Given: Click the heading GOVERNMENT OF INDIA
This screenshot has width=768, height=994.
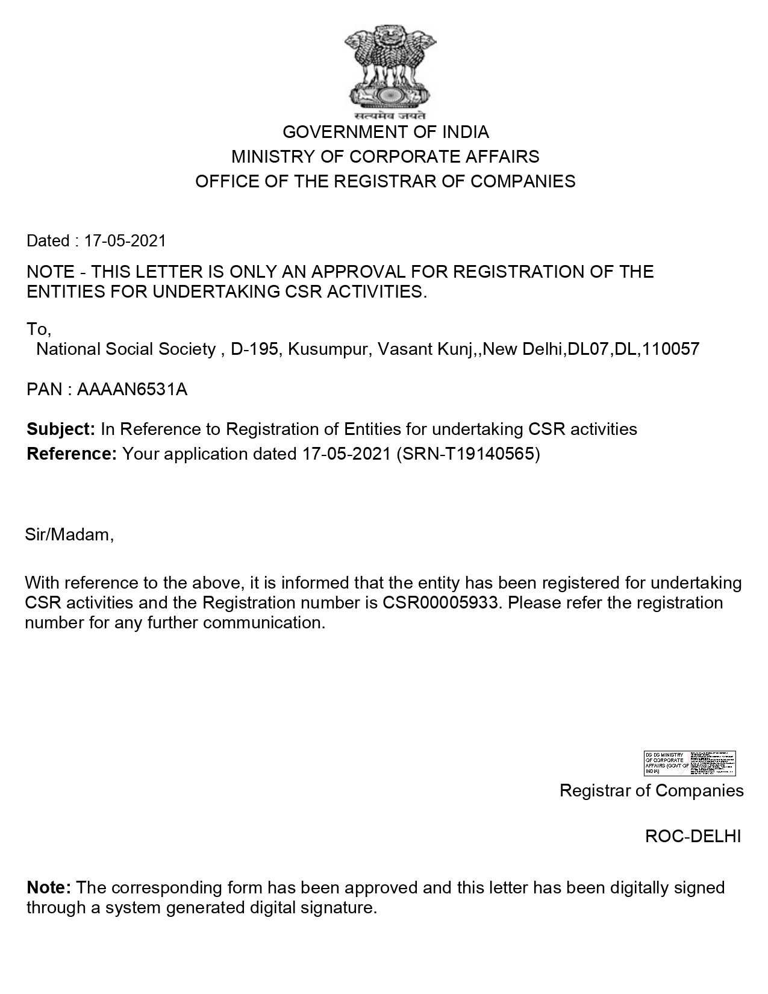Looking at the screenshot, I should click(x=386, y=132).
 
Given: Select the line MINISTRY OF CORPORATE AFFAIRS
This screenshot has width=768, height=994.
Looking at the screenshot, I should click(x=386, y=157).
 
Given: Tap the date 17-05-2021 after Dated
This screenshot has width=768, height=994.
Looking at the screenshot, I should click(x=125, y=241).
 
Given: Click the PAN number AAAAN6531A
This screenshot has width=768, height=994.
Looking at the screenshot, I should click(x=133, y=390).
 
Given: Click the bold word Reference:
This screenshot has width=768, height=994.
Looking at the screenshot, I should click(x=72, y=454).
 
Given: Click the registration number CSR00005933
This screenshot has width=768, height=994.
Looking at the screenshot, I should click(x=441, y=602).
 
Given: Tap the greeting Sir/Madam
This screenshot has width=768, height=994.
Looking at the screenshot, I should click(x=69, y=534).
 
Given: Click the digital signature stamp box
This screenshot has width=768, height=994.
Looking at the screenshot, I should click(x=690, y=763).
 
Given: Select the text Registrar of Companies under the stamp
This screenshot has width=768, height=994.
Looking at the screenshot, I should click(x=651, y=790).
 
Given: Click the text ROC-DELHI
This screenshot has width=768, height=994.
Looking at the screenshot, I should click(x=693, y=836).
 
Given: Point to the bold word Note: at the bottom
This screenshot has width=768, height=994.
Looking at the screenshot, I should click(x=49, y=887).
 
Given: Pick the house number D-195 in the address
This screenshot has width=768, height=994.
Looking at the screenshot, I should click(x=255, y=349).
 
